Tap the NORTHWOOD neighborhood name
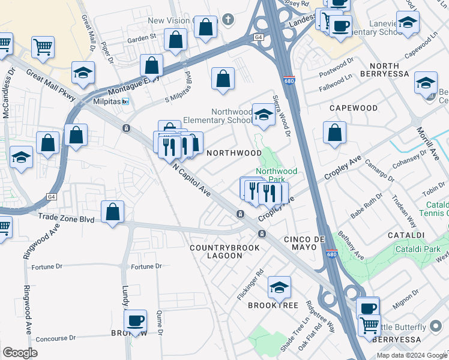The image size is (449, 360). (x=234, y=153)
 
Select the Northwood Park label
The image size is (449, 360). (x=276, y=175)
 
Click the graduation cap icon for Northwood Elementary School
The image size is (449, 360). (x=264, y=114)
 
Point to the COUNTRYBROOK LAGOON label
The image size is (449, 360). (x=224, y=251)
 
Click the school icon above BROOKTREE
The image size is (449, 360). (x=279, y=287)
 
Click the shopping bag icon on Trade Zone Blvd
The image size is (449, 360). (x=113, y=211)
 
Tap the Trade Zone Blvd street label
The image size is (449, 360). (x=67, y=218)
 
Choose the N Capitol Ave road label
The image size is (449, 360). (x=192, y=182)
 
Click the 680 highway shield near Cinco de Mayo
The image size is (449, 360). (x=332, y=254)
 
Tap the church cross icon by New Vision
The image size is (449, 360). (x=228, y=19)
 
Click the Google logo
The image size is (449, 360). (x=20, y=353)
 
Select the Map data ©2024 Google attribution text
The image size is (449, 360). (x=411, y=355)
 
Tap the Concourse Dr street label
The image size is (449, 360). (x=56, y=338)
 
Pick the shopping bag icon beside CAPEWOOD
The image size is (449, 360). (x=334, y=133)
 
